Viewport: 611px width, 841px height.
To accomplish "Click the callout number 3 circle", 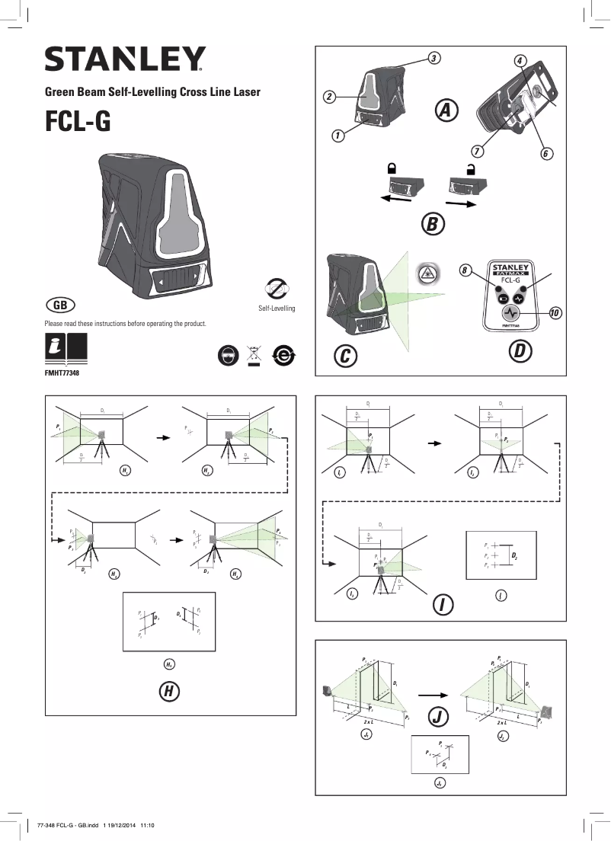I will [x=432, y=58].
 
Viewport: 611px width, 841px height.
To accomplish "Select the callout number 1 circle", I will [x=337, y=136].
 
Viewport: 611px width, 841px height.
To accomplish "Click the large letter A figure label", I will [x=447, y=110].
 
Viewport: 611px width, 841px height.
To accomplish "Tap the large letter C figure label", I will [x=346, y=355].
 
